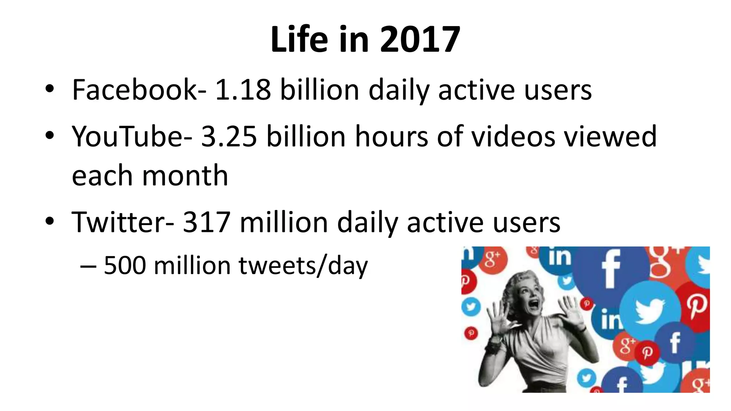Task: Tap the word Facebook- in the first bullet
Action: (x=139, y=90)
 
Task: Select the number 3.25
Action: (x=229, y=136)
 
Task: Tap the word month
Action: (x=185, y=176)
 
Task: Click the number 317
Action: (x=206, y=222)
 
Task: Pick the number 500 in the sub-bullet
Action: (x=125, y=265)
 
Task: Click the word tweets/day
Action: (x=303, y=266)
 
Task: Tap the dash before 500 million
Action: (x=88, y=266)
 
